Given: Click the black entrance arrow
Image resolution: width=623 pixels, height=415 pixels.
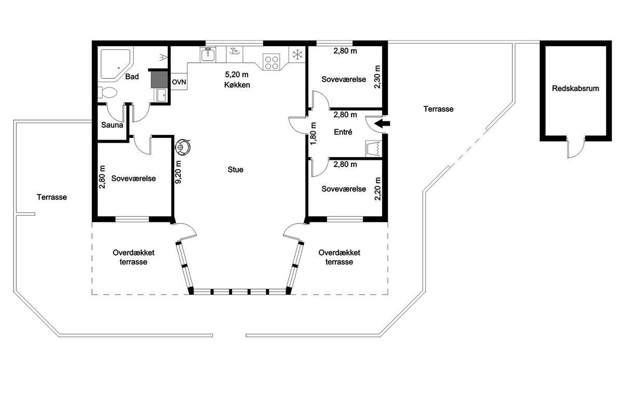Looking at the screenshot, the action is click(383, 123).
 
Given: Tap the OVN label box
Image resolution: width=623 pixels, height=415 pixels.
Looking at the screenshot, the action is click(179, 82).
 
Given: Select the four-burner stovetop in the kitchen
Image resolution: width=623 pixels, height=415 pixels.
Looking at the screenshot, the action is click(272, 63).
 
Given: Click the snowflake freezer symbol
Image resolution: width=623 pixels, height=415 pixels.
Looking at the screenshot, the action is click(297, 54).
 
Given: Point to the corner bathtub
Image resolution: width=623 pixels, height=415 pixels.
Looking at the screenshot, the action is click(115, 64).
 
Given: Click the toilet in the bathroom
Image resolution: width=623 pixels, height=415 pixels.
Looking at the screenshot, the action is click(107, 92).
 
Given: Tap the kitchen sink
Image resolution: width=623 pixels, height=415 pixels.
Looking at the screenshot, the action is click(208, 54).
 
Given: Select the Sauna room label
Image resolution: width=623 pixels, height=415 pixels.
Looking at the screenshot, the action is click(112, 125).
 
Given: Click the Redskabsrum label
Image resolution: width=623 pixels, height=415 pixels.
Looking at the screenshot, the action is click(575, 88).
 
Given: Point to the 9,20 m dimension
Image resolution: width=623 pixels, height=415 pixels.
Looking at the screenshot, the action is click(178, 172).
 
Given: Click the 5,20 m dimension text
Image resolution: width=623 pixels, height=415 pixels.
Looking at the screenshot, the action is click(237, 75).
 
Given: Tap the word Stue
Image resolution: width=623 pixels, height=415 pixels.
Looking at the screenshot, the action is click(236, 170).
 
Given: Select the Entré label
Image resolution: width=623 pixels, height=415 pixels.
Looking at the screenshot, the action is click(343, 132).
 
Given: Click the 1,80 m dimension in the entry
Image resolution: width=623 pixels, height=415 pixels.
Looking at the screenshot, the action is click(313, 133).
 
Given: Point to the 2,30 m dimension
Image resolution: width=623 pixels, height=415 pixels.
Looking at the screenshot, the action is click(377, 77).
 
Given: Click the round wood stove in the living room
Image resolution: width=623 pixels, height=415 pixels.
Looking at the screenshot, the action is click(182, 146).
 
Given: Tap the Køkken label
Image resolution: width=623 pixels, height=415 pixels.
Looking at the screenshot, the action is click(237, 85).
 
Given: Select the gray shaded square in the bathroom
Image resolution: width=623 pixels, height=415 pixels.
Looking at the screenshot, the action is click(159, 79).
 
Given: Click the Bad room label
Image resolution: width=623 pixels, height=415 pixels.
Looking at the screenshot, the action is click(132, 77).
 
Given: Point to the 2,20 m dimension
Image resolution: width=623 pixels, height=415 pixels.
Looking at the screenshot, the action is click(378, 189).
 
